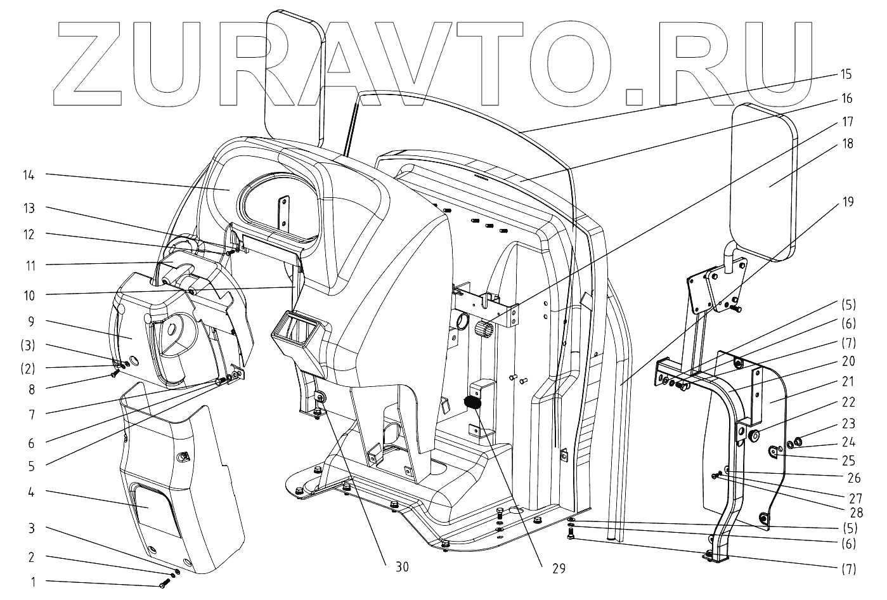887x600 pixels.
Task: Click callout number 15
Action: click(x=846, y=75)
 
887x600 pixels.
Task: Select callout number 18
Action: click(x=848, y=144)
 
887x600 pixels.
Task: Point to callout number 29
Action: click(x=557, y=568)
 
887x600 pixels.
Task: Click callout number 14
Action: click(x=29, y=175)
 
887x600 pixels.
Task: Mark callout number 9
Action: click(x=30, y=322)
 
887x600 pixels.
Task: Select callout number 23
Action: click(x=848, y=423)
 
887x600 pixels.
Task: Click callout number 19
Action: click(x=848, y=202)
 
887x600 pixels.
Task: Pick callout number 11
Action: click(x=30, y=264)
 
